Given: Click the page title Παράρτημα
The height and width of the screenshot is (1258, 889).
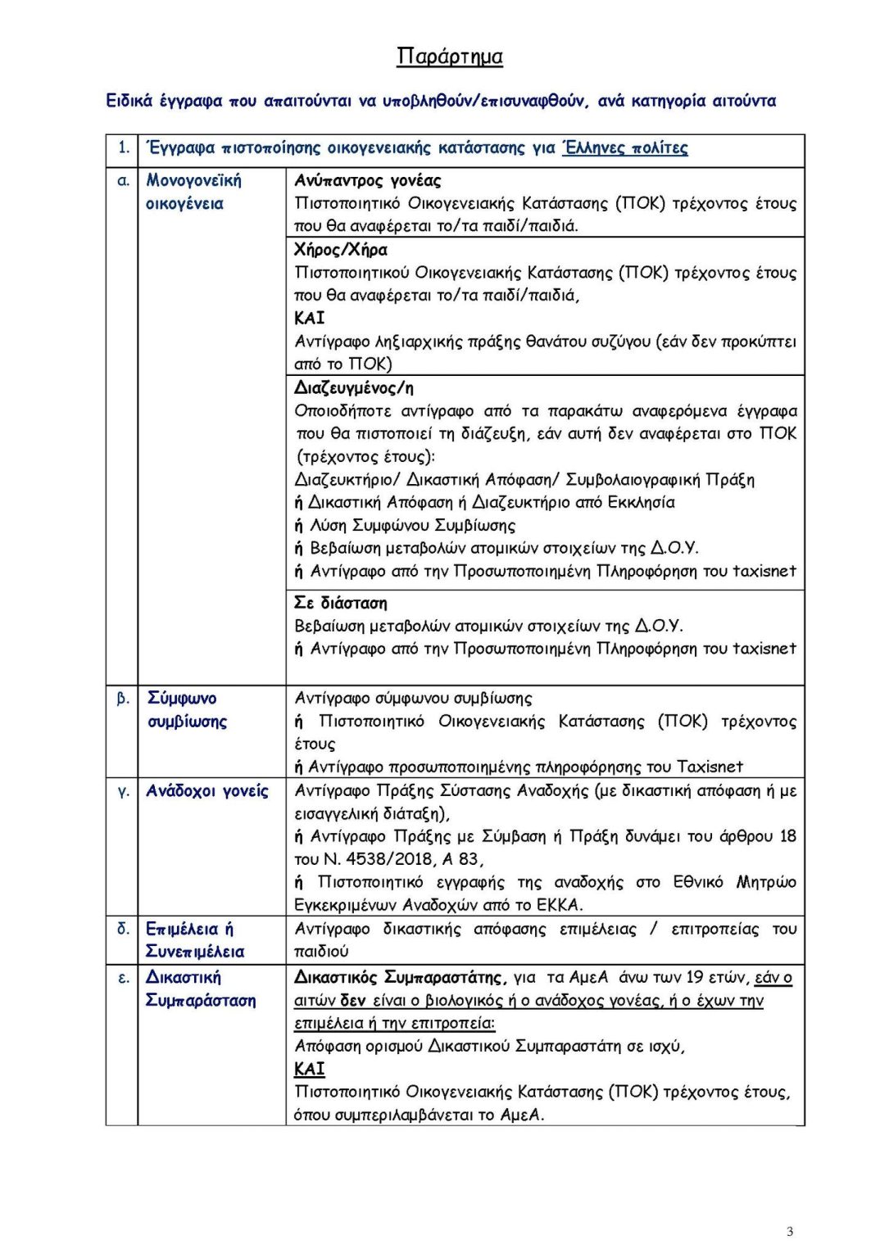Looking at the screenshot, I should (449, 57).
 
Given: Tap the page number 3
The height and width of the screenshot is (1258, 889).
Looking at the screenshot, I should (789, 1231).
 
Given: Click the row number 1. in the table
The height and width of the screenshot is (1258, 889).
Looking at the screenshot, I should (123, 148).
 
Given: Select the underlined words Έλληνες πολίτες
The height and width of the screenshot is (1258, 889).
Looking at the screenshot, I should (625, 148).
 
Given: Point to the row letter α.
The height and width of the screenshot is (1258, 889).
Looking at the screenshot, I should (123, 181).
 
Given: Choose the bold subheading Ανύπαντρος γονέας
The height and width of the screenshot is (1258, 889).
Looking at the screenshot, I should (368, 181).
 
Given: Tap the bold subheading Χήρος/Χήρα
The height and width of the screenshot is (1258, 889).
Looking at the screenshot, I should (341, 250).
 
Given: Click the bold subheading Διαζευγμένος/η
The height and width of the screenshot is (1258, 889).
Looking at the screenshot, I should (354, 388).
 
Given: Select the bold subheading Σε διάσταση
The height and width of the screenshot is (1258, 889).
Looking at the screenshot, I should (341, 604).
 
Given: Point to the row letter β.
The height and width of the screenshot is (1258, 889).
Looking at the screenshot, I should (123, 699).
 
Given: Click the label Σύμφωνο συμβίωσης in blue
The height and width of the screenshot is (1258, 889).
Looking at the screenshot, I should (186, 710).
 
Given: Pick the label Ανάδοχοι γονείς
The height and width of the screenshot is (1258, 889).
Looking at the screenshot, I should (207, 791).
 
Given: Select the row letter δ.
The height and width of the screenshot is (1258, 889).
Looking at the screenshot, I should (123, 929).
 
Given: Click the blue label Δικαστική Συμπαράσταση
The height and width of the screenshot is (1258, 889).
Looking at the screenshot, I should (200, 989).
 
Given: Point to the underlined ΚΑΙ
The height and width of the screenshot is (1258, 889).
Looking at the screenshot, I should (310, 1069).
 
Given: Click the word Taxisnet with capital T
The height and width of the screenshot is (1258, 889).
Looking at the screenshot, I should (710, 767).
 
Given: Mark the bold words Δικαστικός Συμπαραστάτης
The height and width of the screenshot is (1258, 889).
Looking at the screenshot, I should (398, 978).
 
